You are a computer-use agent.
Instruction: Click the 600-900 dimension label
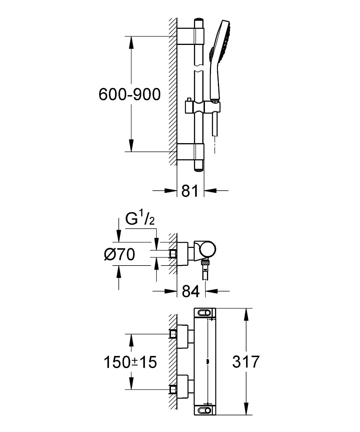click(x=130, y=94)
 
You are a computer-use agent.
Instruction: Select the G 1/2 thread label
click(x=140, y=220)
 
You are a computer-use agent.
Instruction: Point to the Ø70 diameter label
click(x=120, y=254)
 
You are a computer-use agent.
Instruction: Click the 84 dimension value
click(x=191, y=291)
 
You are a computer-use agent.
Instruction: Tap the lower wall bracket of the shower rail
click(x=190, y=152)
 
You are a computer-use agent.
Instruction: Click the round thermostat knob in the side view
click(x=208, y=249)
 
